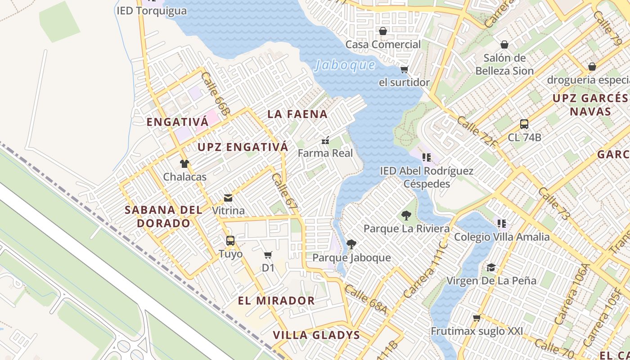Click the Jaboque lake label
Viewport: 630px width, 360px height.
pos(345,65)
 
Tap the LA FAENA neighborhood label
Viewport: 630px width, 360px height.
pos(297,114)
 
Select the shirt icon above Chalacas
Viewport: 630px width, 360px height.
pos(184,164)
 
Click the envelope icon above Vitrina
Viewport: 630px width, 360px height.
pos(228,198)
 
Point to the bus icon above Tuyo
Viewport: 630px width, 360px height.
pos(230,241)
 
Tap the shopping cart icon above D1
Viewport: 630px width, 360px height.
pos(268,255)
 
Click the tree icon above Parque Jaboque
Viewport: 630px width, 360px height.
pos(351,244)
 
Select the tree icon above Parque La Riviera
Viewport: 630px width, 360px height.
pos(406,216)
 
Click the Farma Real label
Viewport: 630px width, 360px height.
pos(325,153)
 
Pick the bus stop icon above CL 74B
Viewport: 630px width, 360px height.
pos(524,124)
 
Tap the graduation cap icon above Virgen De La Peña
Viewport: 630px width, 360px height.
pos(491,268)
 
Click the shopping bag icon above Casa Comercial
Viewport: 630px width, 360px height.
pos(383,31)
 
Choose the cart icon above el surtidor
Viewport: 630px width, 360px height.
pos(404,69)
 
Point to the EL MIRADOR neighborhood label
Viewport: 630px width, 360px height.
pos(276,301)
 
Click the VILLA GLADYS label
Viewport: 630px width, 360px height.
pos(317,335)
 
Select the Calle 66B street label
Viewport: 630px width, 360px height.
pos(216,93)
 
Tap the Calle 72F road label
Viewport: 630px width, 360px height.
pos(477,132)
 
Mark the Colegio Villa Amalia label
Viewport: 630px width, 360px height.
pos(502,237)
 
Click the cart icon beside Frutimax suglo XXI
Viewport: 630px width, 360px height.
pos(477,318)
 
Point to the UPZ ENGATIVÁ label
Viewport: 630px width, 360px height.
pos(243,147)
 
